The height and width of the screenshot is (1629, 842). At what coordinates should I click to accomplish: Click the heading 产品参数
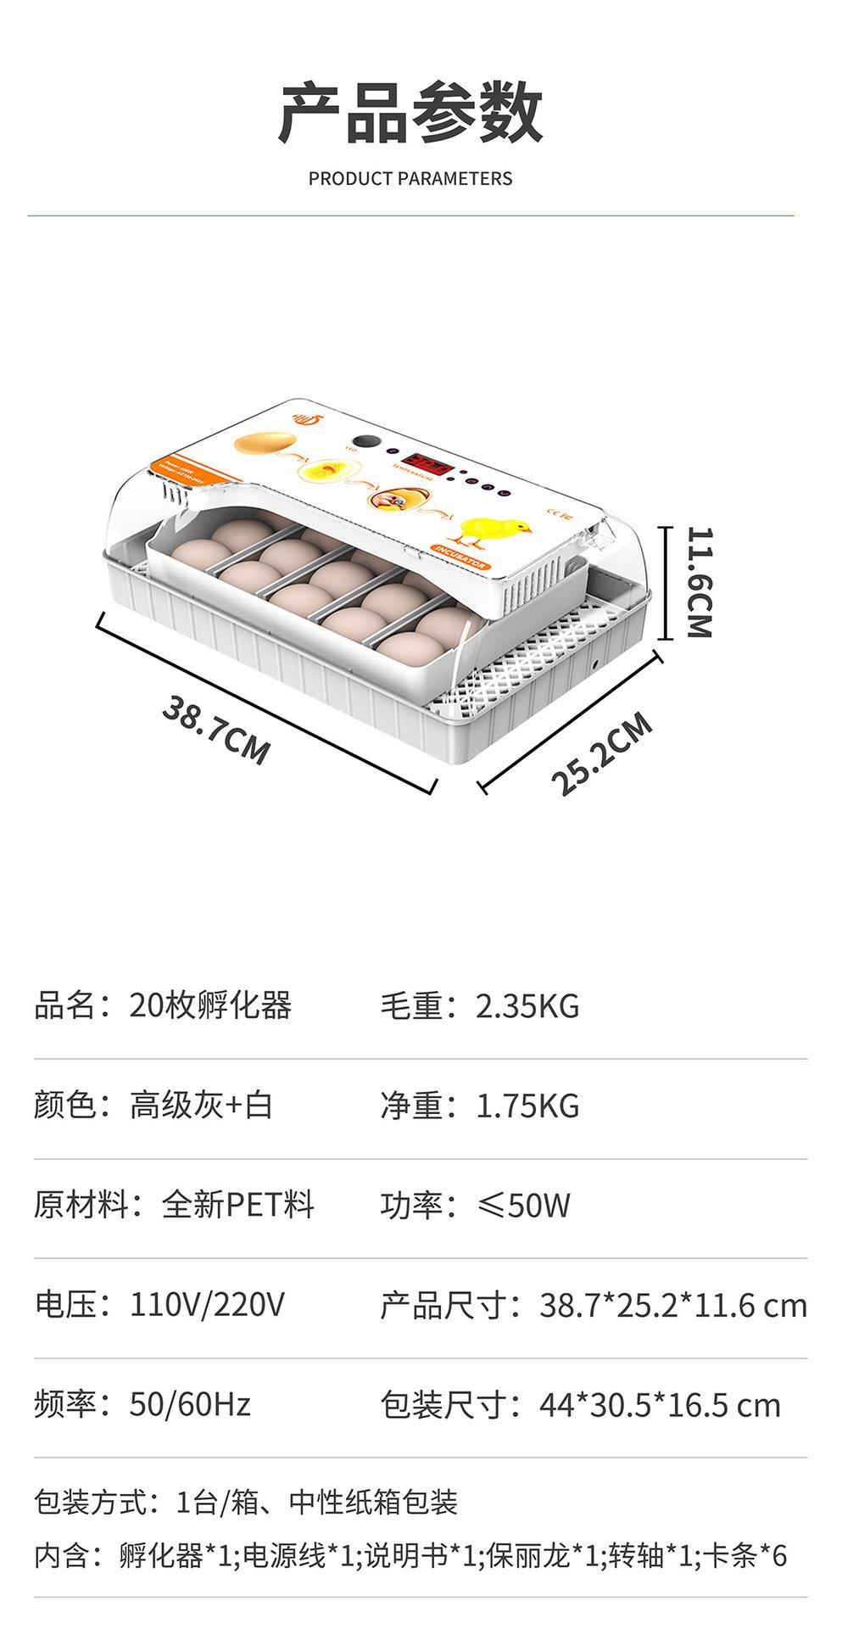(x=410, y=113)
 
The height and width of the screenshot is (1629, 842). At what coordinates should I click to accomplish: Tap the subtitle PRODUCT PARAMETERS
(x=410, y=179)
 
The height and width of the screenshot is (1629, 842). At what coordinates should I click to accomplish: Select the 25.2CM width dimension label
(x=601, y=753)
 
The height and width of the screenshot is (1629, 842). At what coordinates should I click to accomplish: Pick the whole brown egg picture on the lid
(x=265, y=443)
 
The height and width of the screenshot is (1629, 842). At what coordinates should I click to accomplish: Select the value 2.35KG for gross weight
(x=527, y=1006)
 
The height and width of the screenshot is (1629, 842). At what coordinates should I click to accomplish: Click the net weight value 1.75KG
(x=527, y=1106)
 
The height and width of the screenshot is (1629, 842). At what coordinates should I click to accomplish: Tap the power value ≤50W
(x=524, y=1205)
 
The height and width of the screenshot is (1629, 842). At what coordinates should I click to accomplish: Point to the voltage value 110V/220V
(x=207, y=1304)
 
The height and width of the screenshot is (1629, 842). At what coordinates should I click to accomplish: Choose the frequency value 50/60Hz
(x=190, y=1404)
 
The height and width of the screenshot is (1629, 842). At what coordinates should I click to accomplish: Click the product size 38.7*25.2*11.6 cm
(x=673, y=1305)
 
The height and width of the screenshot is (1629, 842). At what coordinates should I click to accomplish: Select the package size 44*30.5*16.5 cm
(x=660, y=1405)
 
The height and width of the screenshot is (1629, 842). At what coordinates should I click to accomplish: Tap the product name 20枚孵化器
(x=210, y=1006)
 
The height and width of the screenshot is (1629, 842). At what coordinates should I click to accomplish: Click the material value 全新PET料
(x=237, y=1205)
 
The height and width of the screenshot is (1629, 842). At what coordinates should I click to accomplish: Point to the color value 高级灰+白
(x=201, y=1106)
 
